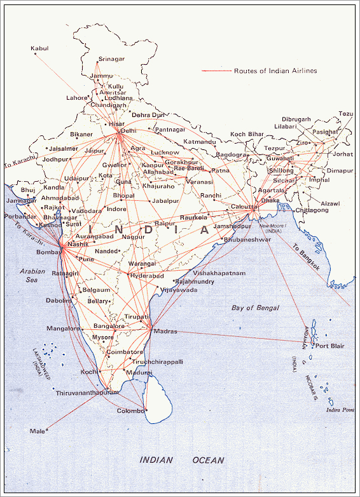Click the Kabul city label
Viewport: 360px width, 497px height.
[39, 48]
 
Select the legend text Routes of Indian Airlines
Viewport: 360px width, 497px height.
[275, 71]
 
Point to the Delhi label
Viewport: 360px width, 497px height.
[128, 131]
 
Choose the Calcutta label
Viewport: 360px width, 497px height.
[245, 207]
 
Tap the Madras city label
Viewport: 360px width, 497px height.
[165, 331]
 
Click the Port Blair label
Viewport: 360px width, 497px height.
[330, 346]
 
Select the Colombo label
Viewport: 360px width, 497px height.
[130, 411]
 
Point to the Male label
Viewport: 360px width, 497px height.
[38, 431]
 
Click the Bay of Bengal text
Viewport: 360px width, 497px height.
[256, 308]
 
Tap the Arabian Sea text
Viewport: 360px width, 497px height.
[32, 275]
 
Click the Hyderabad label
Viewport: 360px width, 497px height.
[146, 276]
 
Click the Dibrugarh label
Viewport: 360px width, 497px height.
[296, 119]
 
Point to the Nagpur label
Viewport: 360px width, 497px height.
[134, 236]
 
